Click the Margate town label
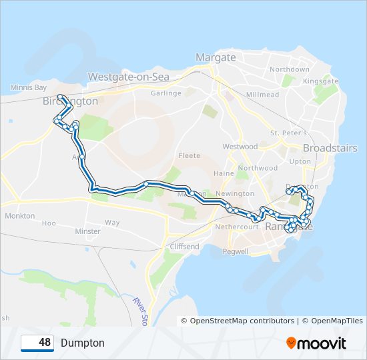click(x=216, y=57)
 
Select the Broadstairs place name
click(x=330, y=148)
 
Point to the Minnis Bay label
click(x=29, y=87)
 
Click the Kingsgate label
click(x=320, y=81)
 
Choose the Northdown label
click(x=290, y=69)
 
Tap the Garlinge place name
click(x=166, y=93)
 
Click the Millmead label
click(x=262, y=95)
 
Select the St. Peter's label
click(x=288, y=133)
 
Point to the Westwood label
click(x=240, y=146)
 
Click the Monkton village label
click(x=19, y=216)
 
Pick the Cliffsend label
click(x=185, y=247)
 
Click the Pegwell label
click(x=236, y=252)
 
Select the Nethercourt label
click(x=236, y=227)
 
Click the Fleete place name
click(x=189, y=156)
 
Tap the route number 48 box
click(x=37, y=343)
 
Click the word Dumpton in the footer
click(x=82, y=343)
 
